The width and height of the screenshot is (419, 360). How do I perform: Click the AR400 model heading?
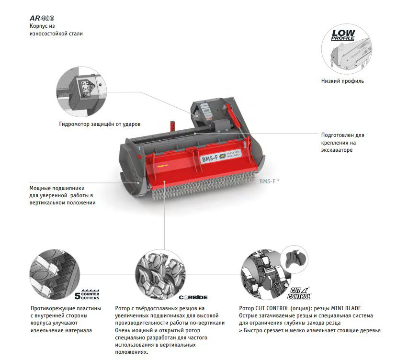click(42, 18)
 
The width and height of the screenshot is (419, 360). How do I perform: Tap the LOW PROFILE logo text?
click(343, 35)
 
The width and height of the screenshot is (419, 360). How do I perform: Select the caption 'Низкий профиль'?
click(342, 81)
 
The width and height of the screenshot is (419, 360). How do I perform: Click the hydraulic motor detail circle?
click(81, 91)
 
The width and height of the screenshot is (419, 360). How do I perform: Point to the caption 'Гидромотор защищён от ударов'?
click(100, 124)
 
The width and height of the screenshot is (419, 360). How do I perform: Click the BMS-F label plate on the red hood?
click(221, 156)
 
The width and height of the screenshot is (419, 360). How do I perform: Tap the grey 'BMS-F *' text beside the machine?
click(269, 181)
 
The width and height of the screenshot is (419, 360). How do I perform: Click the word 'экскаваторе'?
click(337, 150)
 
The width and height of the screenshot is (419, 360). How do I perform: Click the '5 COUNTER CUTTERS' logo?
click(87, 294)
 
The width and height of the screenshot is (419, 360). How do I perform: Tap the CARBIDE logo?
click(193, 297)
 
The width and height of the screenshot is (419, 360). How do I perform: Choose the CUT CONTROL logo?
click(299, 293)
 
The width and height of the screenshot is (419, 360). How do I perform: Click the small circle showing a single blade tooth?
click(295, 259)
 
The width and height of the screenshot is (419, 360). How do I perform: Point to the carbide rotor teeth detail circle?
click(160, 274)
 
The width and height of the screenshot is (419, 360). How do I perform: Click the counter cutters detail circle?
click(55, 274)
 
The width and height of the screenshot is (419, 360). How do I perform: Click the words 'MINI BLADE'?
click(346, 308)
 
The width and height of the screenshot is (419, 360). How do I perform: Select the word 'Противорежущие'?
click(51, 308)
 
